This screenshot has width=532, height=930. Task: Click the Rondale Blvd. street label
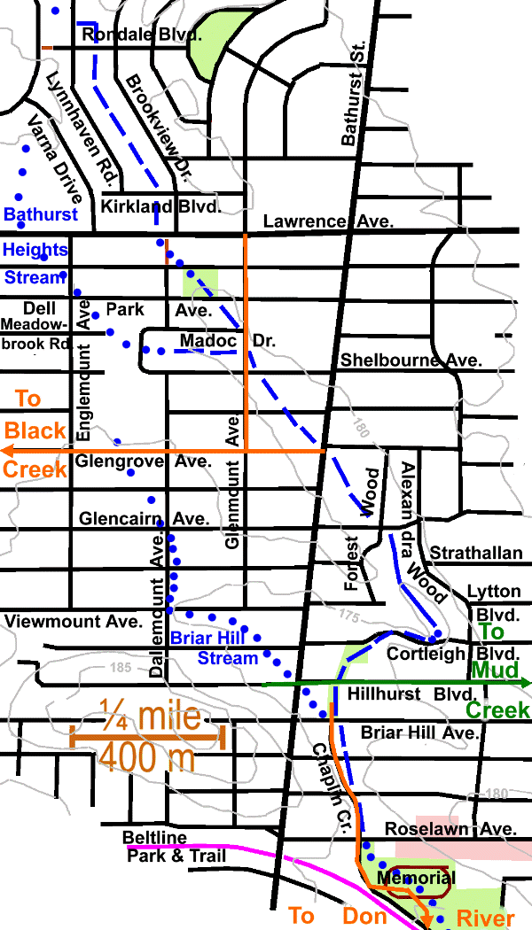point(141,35)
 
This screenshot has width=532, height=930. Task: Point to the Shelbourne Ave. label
point(411,360)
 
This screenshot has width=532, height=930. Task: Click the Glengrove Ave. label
point(143,461)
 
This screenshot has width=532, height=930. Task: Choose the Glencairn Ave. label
point(144,518)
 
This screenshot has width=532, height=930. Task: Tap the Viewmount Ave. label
point(73,621)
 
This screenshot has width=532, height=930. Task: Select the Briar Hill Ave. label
point(420,733)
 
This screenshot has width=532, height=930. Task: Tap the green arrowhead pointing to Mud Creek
point(526,682)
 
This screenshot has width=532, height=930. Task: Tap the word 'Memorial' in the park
point(415,879)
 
